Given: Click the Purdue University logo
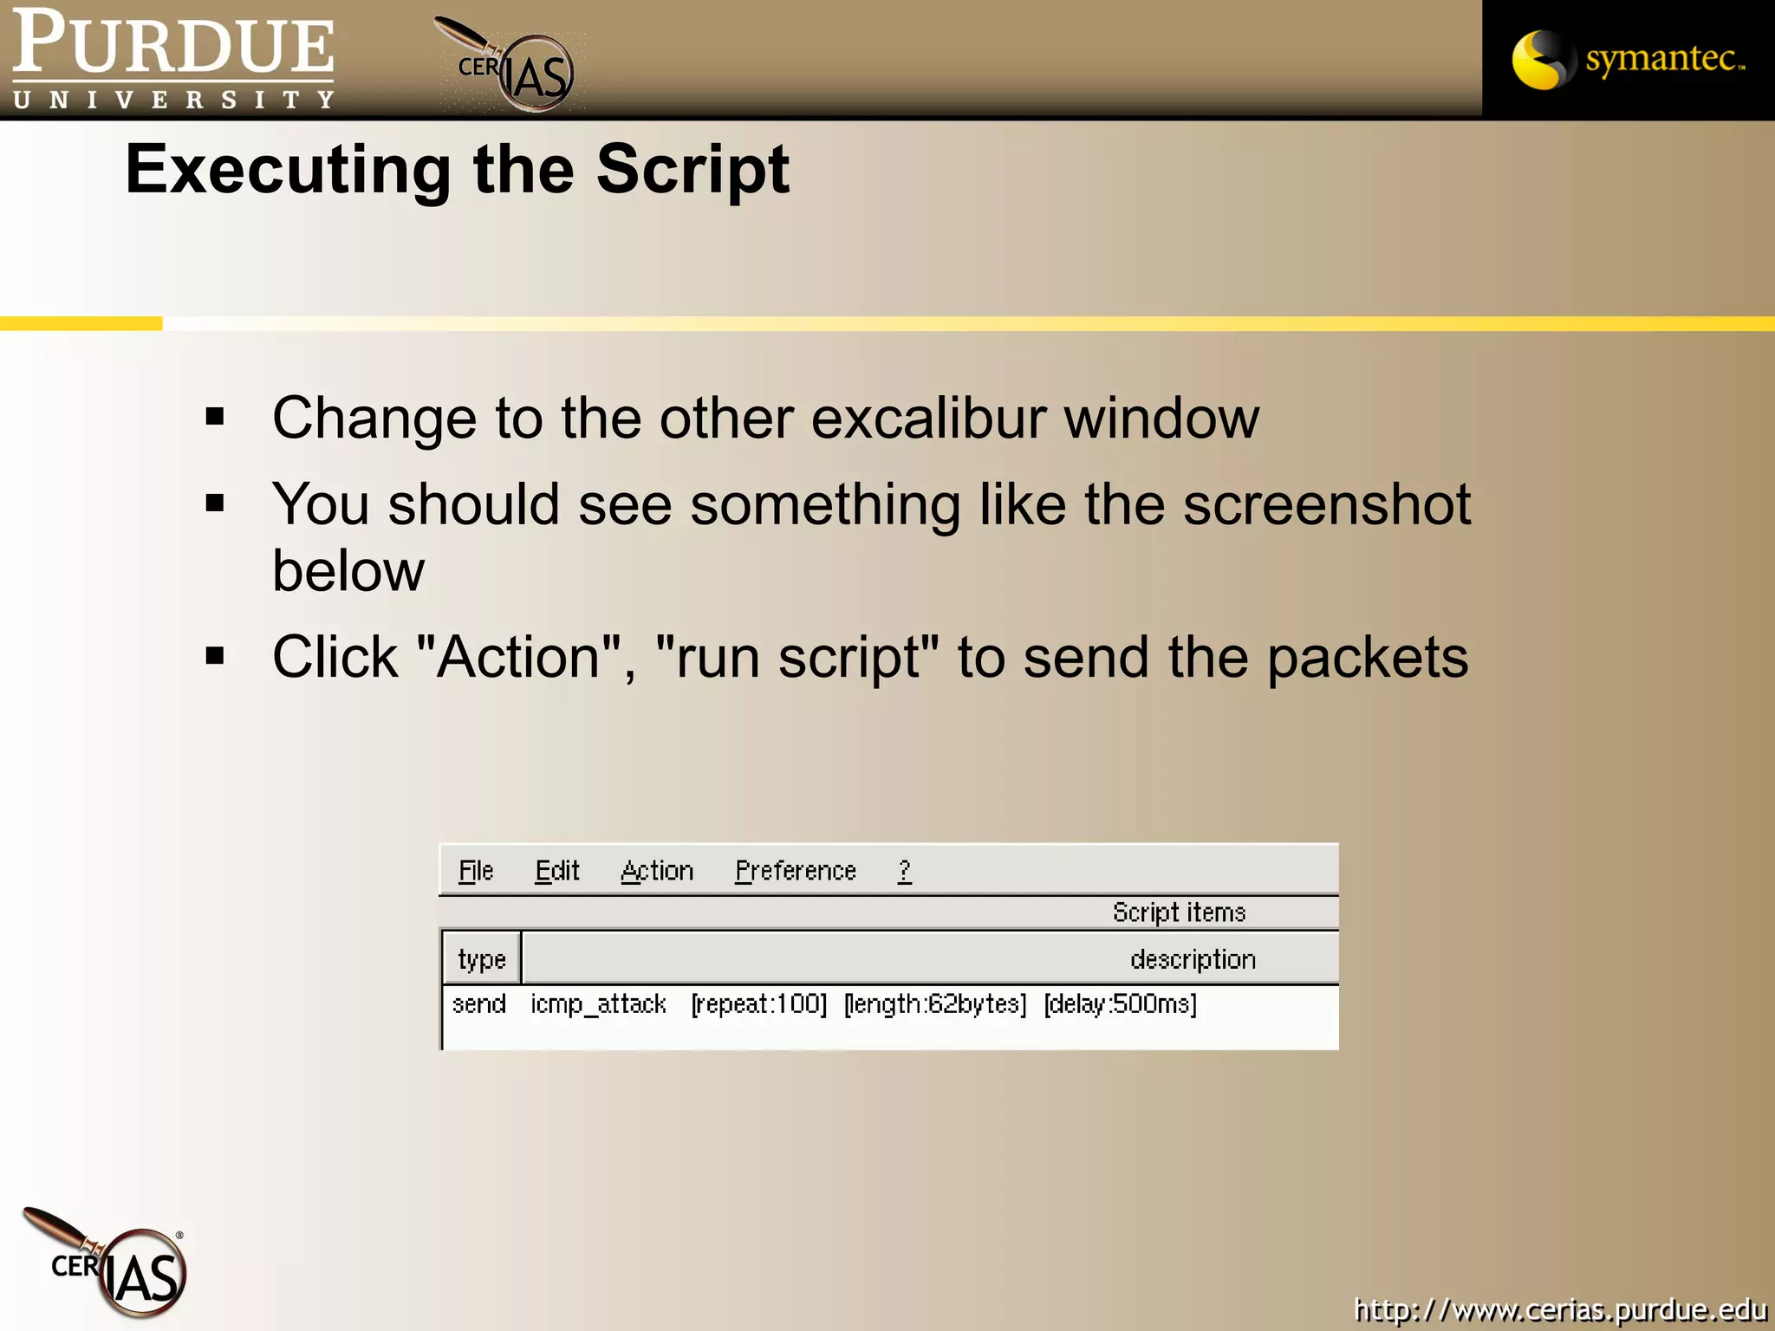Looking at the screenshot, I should coord(173,59).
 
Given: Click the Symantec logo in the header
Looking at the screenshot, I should coord(1628,59).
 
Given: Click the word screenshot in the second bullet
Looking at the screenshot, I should coord(1326,504).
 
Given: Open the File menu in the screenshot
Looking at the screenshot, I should coord(476,871).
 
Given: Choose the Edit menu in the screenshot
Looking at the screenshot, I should coord(557,871).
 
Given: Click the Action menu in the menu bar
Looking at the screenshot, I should coord(657,871).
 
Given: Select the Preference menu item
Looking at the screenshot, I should coord(795,871).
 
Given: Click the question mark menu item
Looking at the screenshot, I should coord(904,871).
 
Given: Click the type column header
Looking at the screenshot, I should coord(482,959).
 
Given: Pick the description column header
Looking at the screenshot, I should coord(1193,959).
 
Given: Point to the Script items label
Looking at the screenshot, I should coord(1179,912).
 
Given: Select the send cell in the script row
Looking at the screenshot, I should coord(479,1004).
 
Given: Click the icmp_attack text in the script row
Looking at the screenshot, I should coord(598,1004).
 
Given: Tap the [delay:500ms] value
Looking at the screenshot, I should coord(1120,1004).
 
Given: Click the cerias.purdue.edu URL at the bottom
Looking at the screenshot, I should coord(1560,1310).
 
